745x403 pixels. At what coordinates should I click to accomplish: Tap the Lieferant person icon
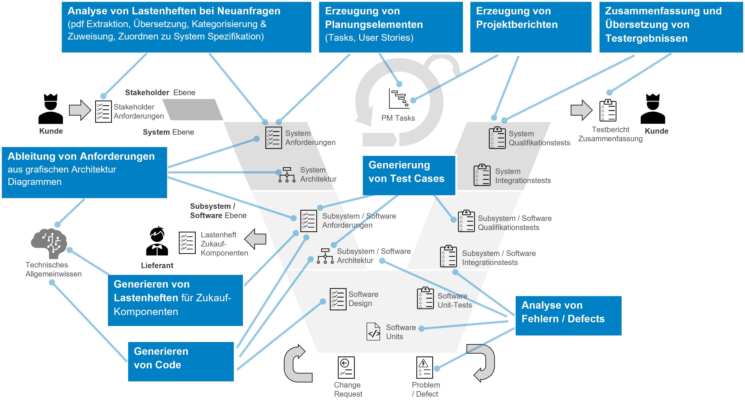point(157,241)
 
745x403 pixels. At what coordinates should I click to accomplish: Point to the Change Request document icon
point(346,367)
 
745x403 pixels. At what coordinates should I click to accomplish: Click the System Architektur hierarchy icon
point(287,175)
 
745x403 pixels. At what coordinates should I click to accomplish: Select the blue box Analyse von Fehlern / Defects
point(568,315)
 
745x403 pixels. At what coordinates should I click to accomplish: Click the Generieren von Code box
point(181,361)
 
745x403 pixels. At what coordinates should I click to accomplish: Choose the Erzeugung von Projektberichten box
point(530,27)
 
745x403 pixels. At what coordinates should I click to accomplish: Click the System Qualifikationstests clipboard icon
point(497,138)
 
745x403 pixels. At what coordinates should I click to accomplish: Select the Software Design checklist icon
point(338,299)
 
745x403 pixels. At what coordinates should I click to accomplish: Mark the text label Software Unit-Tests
point(454,300)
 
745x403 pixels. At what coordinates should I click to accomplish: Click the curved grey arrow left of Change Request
point(297,364)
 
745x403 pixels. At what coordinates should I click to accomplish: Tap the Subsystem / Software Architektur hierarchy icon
point(325,256)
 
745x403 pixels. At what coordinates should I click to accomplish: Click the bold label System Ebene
point(168,132)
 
